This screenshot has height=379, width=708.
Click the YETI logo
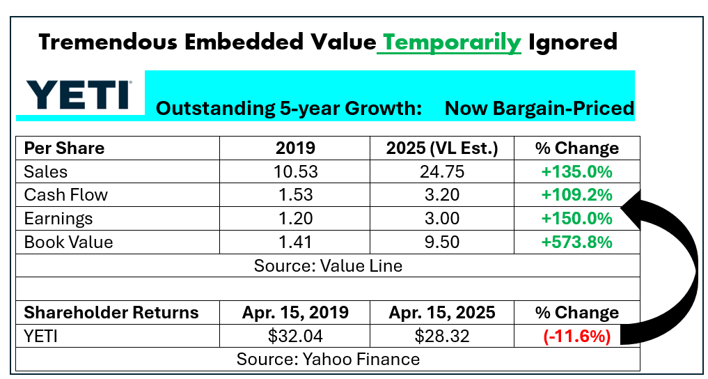77,95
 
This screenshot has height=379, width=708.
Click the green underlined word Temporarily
453,43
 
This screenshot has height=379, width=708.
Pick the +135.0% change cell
576,171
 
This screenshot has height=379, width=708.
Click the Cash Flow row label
66,195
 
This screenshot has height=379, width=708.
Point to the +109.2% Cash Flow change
576,195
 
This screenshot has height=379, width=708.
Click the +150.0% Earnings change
576,219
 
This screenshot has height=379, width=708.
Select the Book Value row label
68,242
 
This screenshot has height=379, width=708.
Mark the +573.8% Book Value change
576,242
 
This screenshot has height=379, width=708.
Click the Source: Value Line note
328,265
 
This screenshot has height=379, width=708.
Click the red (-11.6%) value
576,337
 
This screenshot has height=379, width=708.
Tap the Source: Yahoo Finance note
328,359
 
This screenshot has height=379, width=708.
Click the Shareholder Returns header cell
111,313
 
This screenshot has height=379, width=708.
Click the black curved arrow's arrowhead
630,206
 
